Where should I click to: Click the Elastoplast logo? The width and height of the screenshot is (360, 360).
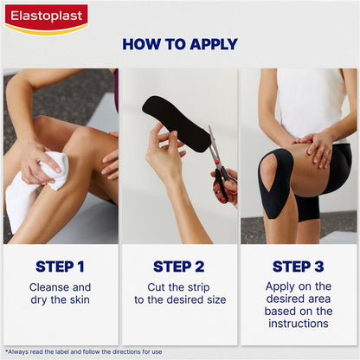(x=47, y=19)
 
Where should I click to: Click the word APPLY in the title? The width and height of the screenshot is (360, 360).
(x=214, y=44)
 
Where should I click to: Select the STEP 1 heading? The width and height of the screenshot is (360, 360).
(x=60, y=267)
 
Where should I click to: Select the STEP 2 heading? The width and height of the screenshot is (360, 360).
(x=179, y=267)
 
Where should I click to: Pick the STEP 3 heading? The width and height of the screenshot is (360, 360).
(x=299, y=267)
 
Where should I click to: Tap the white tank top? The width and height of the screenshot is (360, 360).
(x=312, y=104)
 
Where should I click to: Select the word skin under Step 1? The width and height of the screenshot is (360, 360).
(x=80, y=299)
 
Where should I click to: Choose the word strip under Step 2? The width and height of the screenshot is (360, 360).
(x=198, y=287)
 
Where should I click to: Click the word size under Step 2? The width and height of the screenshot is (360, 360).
(x=216, y=300)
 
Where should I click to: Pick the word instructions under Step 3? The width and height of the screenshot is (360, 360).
(x=299, y=324)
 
